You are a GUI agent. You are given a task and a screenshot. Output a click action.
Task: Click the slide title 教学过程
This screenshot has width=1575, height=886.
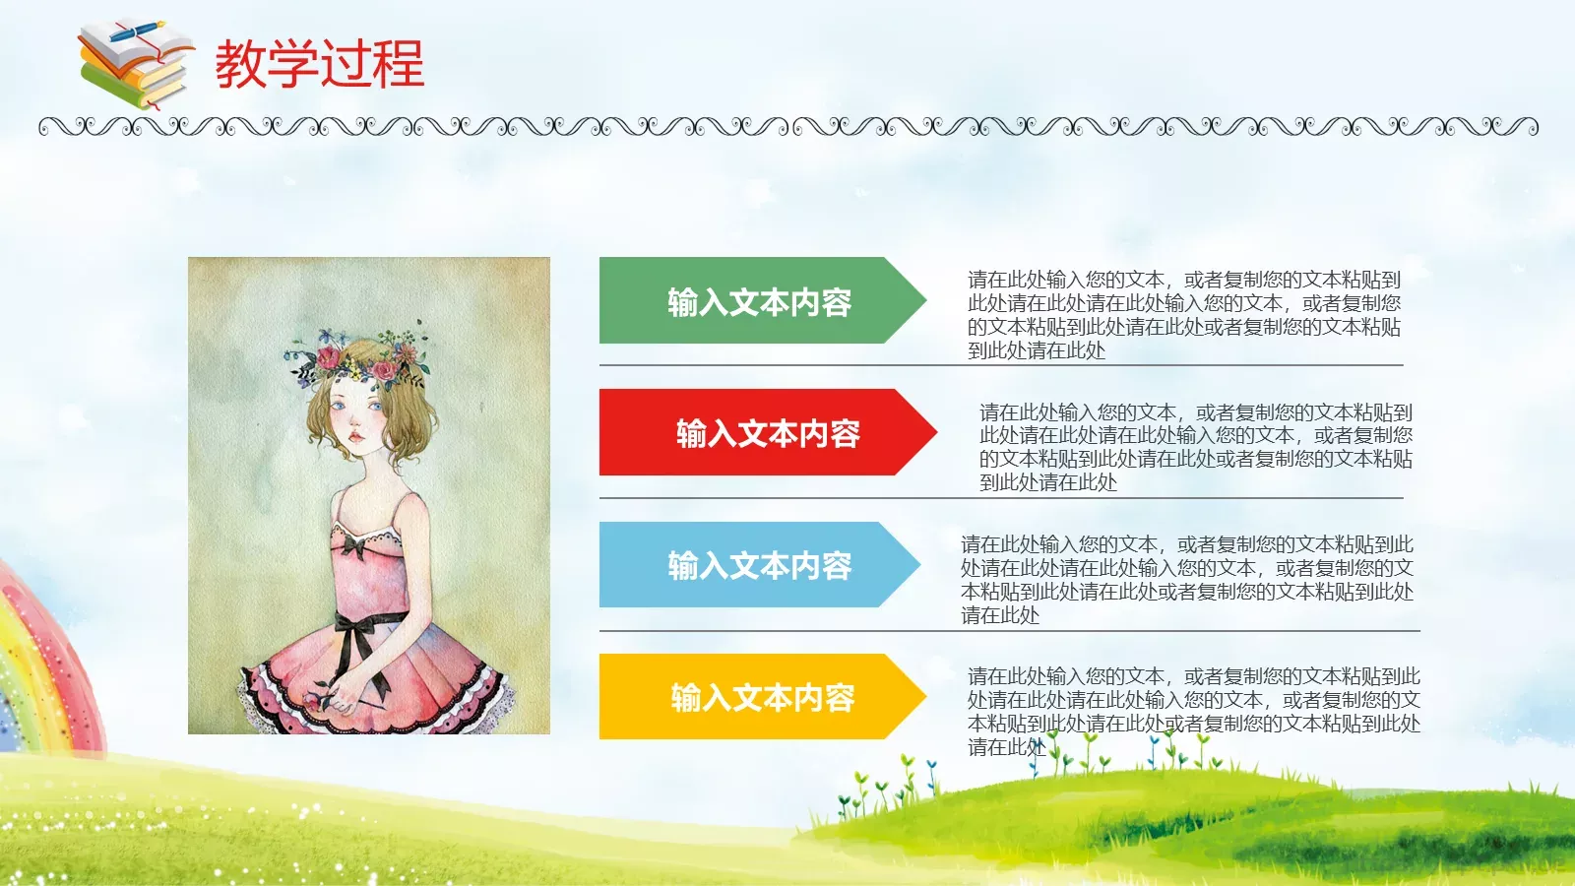pos(319,64)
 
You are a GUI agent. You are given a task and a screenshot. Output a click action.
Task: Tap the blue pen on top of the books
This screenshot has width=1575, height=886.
pos(139,32)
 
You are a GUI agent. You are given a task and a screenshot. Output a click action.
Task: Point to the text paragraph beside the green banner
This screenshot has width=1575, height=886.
pos(1183,315)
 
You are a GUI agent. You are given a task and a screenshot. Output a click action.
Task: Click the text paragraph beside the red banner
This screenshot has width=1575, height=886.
pos(1195,447)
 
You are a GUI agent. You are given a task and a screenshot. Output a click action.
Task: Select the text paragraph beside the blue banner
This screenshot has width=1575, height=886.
pos(1187,579)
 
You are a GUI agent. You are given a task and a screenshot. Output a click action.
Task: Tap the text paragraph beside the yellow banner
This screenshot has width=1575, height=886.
pos(1193,711)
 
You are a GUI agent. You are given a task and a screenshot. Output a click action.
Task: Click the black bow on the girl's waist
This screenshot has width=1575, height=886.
pos(360,635)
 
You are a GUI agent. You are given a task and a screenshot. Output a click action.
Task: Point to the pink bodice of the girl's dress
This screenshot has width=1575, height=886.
pos(369,571)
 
